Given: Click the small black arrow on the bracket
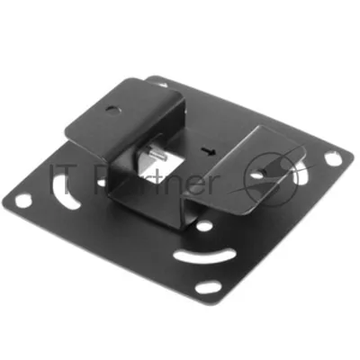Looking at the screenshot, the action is [209, 151].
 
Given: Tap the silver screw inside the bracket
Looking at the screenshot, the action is [157, 154].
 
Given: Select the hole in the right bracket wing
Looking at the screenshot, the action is [256, 174].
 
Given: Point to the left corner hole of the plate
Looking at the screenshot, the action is [23, 201].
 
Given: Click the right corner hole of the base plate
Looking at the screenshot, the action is [333, 158].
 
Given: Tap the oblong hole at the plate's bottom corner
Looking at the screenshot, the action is [208, 288].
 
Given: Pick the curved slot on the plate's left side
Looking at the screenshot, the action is [65, 193].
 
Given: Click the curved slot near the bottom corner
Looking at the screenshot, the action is [202, 256].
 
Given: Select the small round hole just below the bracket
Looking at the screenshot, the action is [205, 226].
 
